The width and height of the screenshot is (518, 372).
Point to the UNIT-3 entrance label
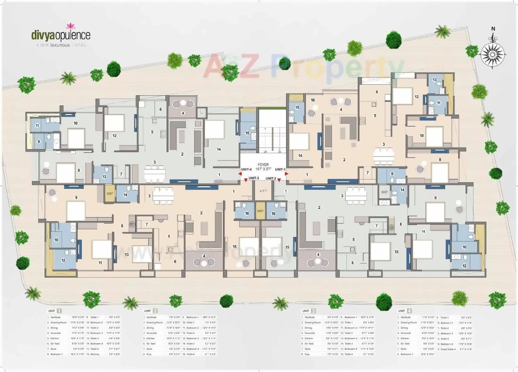(x=253, y=178)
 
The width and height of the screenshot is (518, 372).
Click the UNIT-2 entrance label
(x=271, y=178)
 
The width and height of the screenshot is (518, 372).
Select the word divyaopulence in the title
(x=61, y=35)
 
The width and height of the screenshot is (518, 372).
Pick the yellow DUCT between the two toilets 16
(x=260, y=211)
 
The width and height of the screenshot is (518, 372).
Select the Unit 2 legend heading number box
(x=156, y=311)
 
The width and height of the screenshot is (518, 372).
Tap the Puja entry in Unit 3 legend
(x=306, y=354)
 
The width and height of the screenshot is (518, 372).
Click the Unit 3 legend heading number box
(x=313, y=311)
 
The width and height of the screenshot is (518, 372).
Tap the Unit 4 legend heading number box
(x=409, y=311)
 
